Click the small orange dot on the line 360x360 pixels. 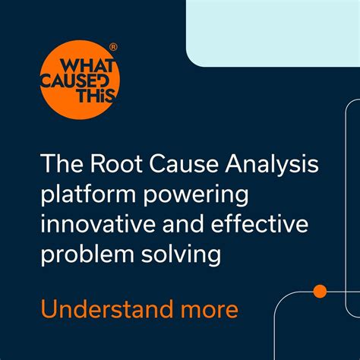tap(320, 290)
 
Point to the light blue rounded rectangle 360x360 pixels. tap(273, 32)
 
